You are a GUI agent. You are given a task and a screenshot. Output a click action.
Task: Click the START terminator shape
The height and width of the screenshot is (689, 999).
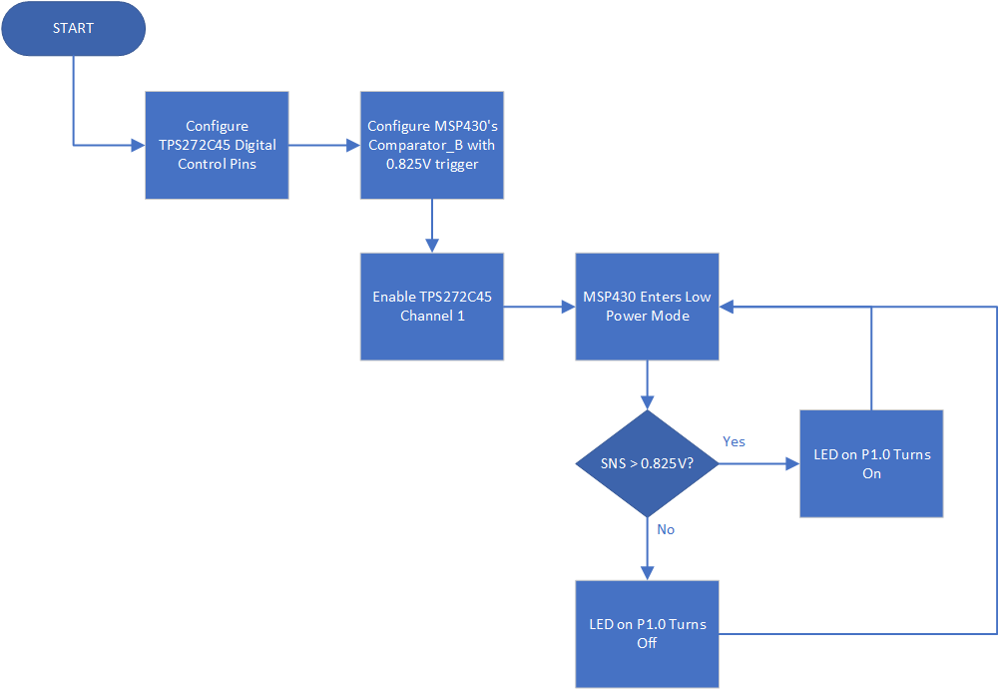[74, 28]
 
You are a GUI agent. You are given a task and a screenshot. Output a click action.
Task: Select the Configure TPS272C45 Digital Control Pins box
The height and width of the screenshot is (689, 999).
[217, 145]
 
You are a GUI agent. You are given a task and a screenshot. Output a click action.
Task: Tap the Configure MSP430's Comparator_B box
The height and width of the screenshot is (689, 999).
[431, 145]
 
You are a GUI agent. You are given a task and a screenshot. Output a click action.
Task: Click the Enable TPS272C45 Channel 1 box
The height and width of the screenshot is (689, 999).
[431, 306]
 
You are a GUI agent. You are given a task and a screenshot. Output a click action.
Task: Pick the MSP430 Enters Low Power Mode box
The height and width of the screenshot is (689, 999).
[647, 306]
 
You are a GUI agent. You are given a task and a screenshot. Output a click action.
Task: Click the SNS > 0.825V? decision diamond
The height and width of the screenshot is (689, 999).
[648, 463]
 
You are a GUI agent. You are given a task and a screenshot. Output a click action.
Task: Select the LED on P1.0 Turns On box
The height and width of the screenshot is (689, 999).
[871, 463]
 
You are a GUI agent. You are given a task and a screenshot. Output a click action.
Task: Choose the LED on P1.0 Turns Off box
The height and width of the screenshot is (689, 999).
[647, 633]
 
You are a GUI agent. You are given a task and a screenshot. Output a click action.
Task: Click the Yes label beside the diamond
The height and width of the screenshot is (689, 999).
[734, 441]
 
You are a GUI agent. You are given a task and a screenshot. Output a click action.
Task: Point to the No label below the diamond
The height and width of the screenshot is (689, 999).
[666, 529]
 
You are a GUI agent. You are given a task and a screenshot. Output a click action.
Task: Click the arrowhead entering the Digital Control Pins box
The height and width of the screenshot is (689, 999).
[139, 145]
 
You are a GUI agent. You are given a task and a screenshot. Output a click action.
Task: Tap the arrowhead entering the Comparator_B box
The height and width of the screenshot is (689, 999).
[353, 145]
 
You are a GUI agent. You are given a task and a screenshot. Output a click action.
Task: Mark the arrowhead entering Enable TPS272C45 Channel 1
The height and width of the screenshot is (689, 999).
[431, 246]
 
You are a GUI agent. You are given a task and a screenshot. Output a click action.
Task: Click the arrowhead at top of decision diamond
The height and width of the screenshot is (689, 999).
[648, 402]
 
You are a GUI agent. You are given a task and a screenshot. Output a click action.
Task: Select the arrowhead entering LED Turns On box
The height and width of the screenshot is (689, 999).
[792, 463]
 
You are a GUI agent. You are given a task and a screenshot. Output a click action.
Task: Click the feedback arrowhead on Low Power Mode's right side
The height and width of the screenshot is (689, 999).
[727, 307]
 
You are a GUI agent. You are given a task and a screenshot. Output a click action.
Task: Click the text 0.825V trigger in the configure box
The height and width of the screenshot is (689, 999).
[431, 164]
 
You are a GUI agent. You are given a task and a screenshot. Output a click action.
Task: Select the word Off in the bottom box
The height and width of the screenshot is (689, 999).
[647, 643]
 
